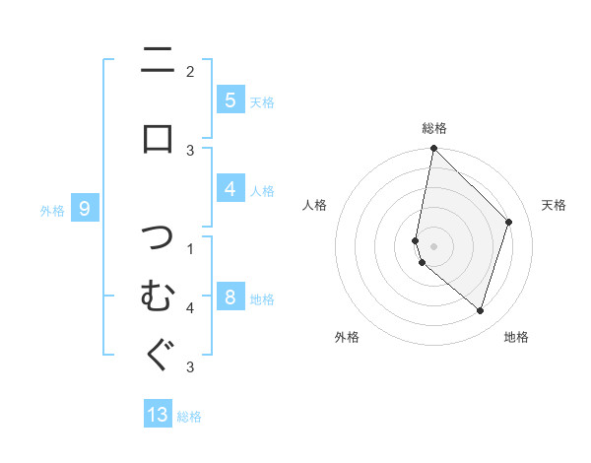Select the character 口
(158, 138)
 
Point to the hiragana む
(158, 295)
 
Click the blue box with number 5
(230, 100)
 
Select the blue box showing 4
(230, 189)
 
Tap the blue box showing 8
(230, 298)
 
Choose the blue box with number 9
(85, 208)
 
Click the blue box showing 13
(158, 415)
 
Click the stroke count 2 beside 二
(190, 71)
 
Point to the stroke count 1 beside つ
(190, 248)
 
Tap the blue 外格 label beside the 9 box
(52, 210)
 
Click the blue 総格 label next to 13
(189, 417)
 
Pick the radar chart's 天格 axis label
(554, 205)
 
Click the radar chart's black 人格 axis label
(315, 205)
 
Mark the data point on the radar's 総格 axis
(433, 148)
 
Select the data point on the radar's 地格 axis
(480, 310)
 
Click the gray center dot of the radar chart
(433, 246)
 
